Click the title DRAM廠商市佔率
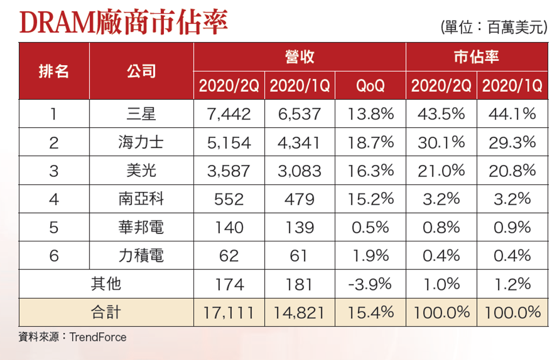click(123, 22)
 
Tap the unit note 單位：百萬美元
click(494, 27)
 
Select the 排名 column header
click(53, 71)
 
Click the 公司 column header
click(141, 71)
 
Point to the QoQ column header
click(370, 86)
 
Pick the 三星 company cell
click(141, 114)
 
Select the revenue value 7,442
click(229, 114)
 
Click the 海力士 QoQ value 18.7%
click(370, 142)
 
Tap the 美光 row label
click(141, 171)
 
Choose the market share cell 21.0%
click(441, 171)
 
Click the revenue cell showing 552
click(229, 199)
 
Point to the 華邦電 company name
click(141, 227)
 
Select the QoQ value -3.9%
click(370, 284)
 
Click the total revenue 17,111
click(229, 313)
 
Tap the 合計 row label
click(106, 312)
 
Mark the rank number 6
click(53, 255)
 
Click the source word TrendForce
click(98, 337)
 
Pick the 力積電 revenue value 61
click(299, 255)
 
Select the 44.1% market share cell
click(512, 114)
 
